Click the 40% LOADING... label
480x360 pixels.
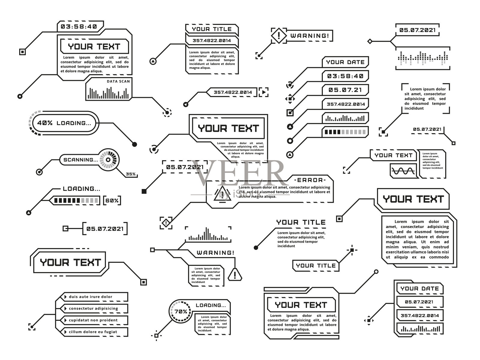64,123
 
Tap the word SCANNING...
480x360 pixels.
80,160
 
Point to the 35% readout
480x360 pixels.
130,174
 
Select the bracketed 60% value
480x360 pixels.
112,200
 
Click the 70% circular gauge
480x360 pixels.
181,312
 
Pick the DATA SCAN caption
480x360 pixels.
118,81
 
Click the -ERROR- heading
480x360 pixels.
310,180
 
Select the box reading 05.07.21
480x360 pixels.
345,90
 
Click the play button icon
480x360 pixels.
264,92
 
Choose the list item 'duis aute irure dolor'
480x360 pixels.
91,297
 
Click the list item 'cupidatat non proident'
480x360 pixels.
93,320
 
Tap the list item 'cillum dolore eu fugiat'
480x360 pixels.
93,332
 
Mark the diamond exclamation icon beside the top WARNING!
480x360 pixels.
279,36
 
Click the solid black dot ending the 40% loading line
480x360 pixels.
134,144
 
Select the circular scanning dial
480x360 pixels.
109,160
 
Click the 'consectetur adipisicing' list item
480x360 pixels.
93,308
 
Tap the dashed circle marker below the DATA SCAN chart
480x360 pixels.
167,112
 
